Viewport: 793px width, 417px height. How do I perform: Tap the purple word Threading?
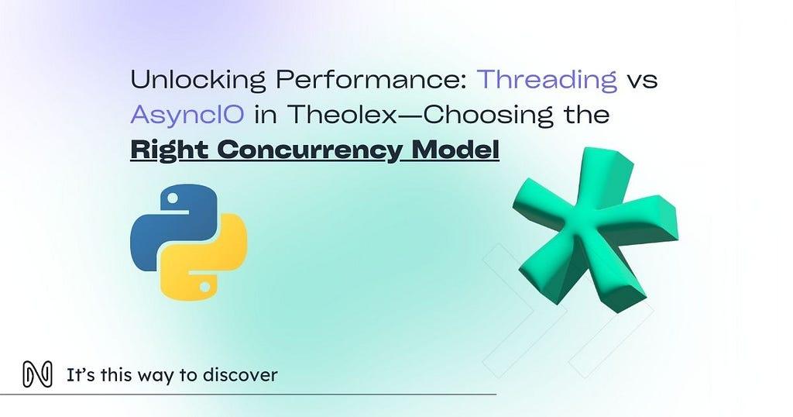pos(547,80)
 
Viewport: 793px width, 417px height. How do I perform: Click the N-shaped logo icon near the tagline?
pos(37,375)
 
